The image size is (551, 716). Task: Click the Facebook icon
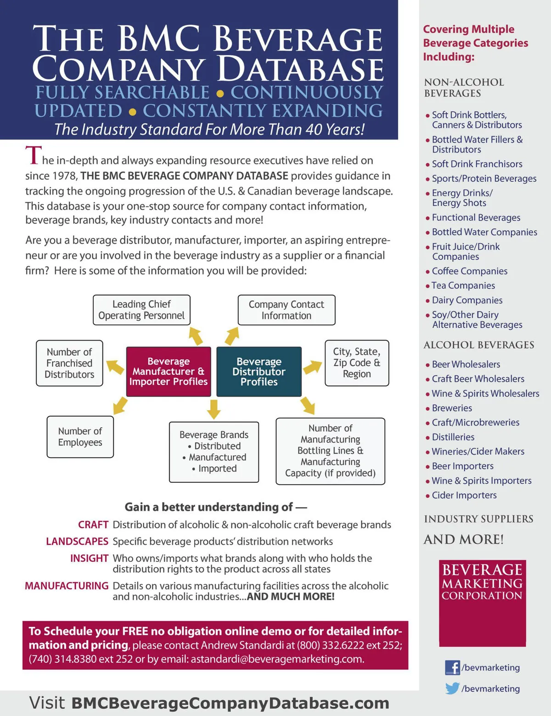[452, 667]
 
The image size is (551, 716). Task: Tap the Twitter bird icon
[452, 688]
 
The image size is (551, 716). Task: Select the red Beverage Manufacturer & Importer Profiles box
[169, 371]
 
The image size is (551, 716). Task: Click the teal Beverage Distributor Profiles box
[259, 371]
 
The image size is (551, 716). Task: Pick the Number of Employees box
[80, 436]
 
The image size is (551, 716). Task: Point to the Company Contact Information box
[287, 310]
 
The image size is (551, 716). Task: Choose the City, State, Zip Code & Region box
[357, 363]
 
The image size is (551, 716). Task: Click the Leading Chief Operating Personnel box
[141, 310]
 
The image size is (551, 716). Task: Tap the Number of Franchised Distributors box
[69, 363]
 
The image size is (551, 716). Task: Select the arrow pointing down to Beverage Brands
[214, 408]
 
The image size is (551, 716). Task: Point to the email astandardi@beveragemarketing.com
[277, 659]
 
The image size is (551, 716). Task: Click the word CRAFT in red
[93, 525]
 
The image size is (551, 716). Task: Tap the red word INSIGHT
[89, 558]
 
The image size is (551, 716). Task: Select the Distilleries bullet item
[453, 437]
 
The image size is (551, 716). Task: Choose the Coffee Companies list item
[469, 271]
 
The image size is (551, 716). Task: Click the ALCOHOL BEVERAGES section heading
[478, 345]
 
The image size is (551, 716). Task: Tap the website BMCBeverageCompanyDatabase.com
[230, 703]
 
